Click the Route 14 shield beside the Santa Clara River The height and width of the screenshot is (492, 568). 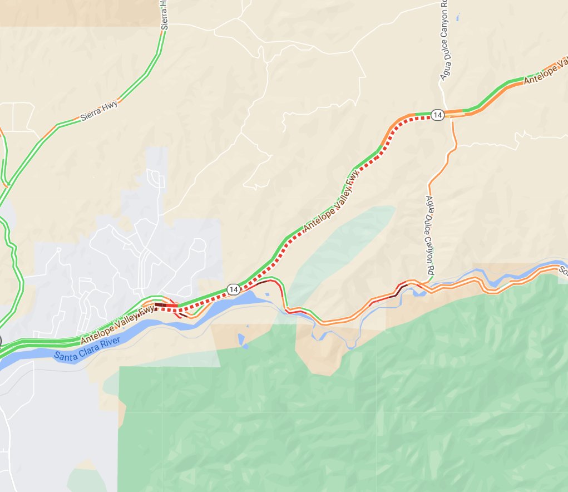(233, 289)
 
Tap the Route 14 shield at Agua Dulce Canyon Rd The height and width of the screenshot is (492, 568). (437, 115)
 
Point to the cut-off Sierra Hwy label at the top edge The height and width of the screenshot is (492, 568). (165, 12)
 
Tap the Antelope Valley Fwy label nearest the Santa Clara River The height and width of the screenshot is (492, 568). (117, 324)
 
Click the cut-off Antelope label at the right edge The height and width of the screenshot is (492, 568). (546, 72)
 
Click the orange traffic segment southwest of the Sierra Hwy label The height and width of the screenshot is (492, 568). (49, 132)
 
